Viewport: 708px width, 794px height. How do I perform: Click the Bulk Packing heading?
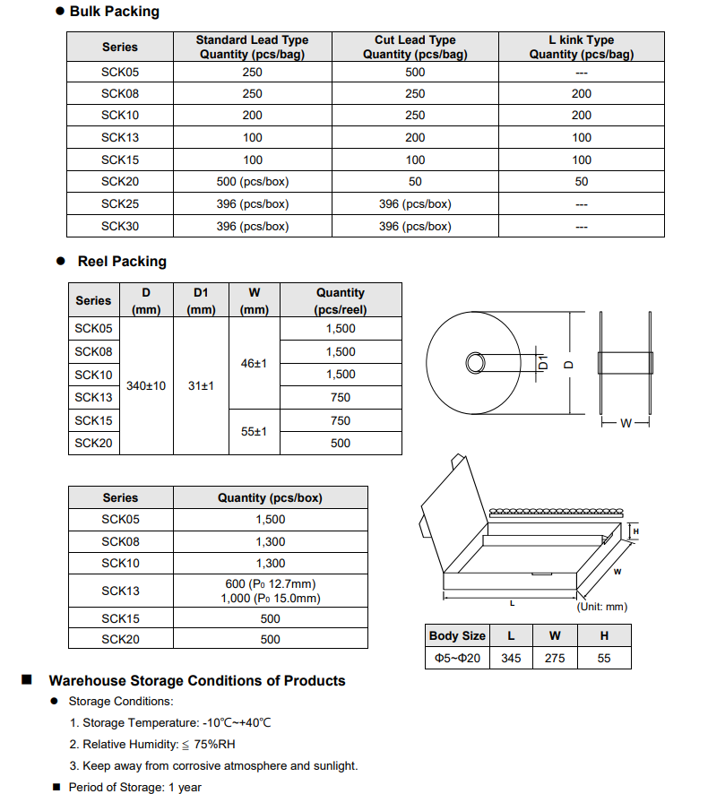(x=114, y=12)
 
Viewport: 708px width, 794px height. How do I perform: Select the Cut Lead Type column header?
(x=415, y=47)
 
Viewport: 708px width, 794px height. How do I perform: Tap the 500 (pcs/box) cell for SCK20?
(x=252, y=182)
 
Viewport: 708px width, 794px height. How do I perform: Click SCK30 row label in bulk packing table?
(x=120, y=226)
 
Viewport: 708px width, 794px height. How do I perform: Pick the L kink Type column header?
(x=581, y=47)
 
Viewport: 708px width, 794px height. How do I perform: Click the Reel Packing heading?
(x=122, y=262)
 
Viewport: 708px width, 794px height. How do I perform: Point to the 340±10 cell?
(x=146, y=386)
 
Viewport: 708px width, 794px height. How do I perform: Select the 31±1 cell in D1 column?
(x=201, y=386)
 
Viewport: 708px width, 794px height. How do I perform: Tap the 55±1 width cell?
(x=255, y=431)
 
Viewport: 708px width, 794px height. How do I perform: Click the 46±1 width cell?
(x=255, y=363)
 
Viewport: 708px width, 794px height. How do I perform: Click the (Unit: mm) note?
(x=601, y=607)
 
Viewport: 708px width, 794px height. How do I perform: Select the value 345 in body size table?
(x=511, y=659)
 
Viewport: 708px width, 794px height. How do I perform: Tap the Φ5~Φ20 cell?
(x=457, y=659)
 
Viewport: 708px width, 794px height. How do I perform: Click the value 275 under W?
(x=555, y=659)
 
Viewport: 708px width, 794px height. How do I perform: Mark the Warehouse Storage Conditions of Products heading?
(x=196, y=681)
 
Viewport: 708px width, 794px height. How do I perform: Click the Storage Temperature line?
(x=170, y=722)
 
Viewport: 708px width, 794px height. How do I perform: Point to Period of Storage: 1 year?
(x=134, y=787)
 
